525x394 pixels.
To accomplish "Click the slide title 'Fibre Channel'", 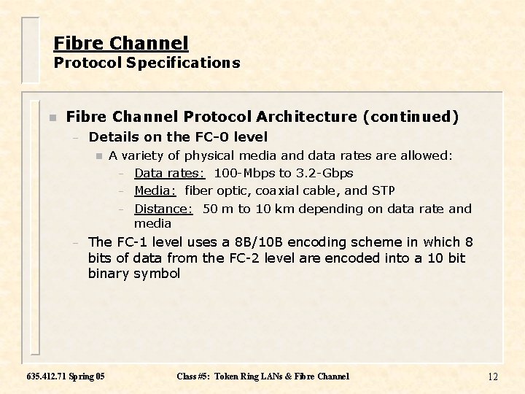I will (x=120, y=43).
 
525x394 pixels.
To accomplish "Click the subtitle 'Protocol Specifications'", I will (x=147, y=63).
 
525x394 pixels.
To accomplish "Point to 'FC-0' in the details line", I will (x=210, y=136).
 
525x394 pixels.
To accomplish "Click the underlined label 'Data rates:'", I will (x=169, y=173).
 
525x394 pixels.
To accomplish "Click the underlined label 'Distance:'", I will (x=163, y=209).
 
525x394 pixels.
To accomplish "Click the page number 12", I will (x=492, y=376).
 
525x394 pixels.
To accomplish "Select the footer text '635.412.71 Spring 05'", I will (x=65, y=376).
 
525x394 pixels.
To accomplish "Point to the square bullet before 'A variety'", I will (x=98, y=155).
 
